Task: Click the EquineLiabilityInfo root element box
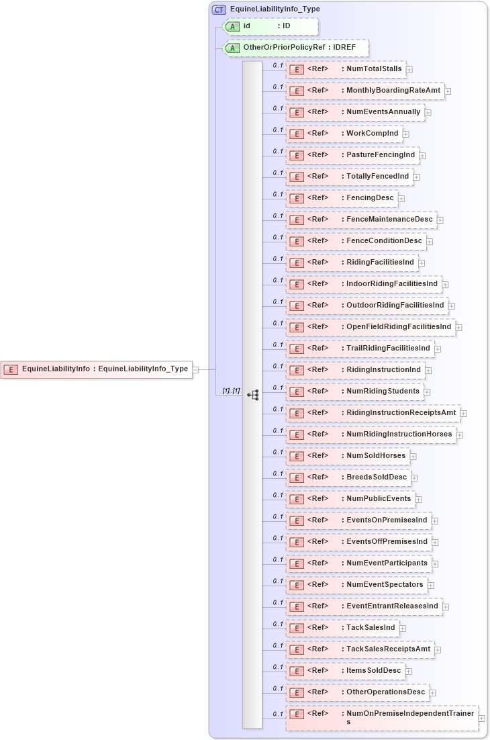point(97,369)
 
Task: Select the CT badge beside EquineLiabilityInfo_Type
point(219,9)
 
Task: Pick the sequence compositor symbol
point(253,396)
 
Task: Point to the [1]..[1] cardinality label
point(231,391)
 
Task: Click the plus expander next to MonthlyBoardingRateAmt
point(448,91)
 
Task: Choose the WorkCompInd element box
point(344,134)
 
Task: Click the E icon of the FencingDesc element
point(296,198)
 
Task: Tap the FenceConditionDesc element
point(356,241)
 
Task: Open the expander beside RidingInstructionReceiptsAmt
point(463,414)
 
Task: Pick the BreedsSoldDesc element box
point(348,477)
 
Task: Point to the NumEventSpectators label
point(385,584)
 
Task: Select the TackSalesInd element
point(342,628)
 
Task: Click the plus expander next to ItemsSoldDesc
point(409,672)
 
